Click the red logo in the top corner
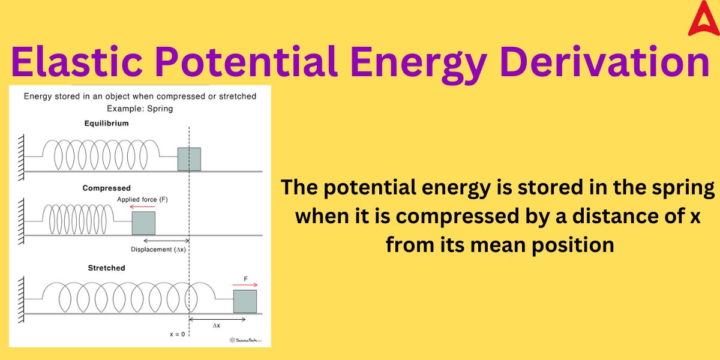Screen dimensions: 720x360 tap(704, 20)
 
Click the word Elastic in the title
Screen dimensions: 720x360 tap(77, 61)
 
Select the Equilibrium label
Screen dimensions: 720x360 tap(106, 124)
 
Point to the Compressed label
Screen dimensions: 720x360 tap(106, 188)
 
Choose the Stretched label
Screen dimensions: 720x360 tap(106, 268)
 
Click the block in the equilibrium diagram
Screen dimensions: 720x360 tap(190, 159)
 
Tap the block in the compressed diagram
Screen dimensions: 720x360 tap(143, 223)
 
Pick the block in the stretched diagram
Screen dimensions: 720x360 tap(245, 301)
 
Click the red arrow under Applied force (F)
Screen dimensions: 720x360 tap(142, 207)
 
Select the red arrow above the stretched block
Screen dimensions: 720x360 tap(245, 285)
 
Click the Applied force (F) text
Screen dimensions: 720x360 tap(142, 200)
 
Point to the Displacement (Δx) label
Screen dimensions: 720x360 tap(158, 250)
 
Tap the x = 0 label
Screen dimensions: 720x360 tap(178, 334)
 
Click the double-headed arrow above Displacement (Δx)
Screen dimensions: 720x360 tap(167, 241)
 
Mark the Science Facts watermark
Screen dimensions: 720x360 tap(245, 340)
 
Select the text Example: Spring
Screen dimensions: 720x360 tap(140, 109)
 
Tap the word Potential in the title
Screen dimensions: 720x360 tap(247, 61)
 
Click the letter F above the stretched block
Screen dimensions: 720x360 tap(245, 278)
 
